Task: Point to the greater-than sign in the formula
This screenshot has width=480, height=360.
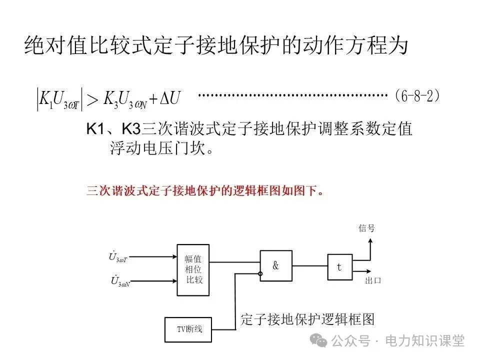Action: point(92,99)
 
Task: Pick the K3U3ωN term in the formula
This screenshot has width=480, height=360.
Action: point(124,98)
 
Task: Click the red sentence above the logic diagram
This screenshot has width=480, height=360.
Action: point(205,190)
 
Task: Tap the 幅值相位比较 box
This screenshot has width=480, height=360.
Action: point(193,269)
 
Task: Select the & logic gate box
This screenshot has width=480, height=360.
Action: point(275,266)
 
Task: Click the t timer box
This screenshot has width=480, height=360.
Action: point(339,267)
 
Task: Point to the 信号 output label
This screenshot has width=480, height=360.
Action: point(366,228)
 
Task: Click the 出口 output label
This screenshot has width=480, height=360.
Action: point(373,280)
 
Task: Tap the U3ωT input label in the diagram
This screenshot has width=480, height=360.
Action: point(118,257)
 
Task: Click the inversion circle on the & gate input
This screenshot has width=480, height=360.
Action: point(260,273)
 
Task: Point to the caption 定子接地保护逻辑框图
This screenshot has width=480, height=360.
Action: point(307,319)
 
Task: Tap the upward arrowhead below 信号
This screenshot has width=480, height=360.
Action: point(368,241)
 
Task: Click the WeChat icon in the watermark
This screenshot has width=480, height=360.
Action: point(319,340)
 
